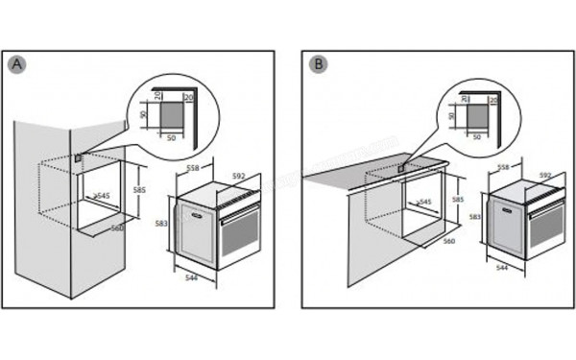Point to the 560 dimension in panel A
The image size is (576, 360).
click(x=117, y=228)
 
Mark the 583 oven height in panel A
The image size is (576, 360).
click(x=162, y=223)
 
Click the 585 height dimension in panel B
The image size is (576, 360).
click(x=458, y=200)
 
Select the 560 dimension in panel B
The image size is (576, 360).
click(x=447, y=241)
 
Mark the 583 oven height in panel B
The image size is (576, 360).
click(x=474, y=219)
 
